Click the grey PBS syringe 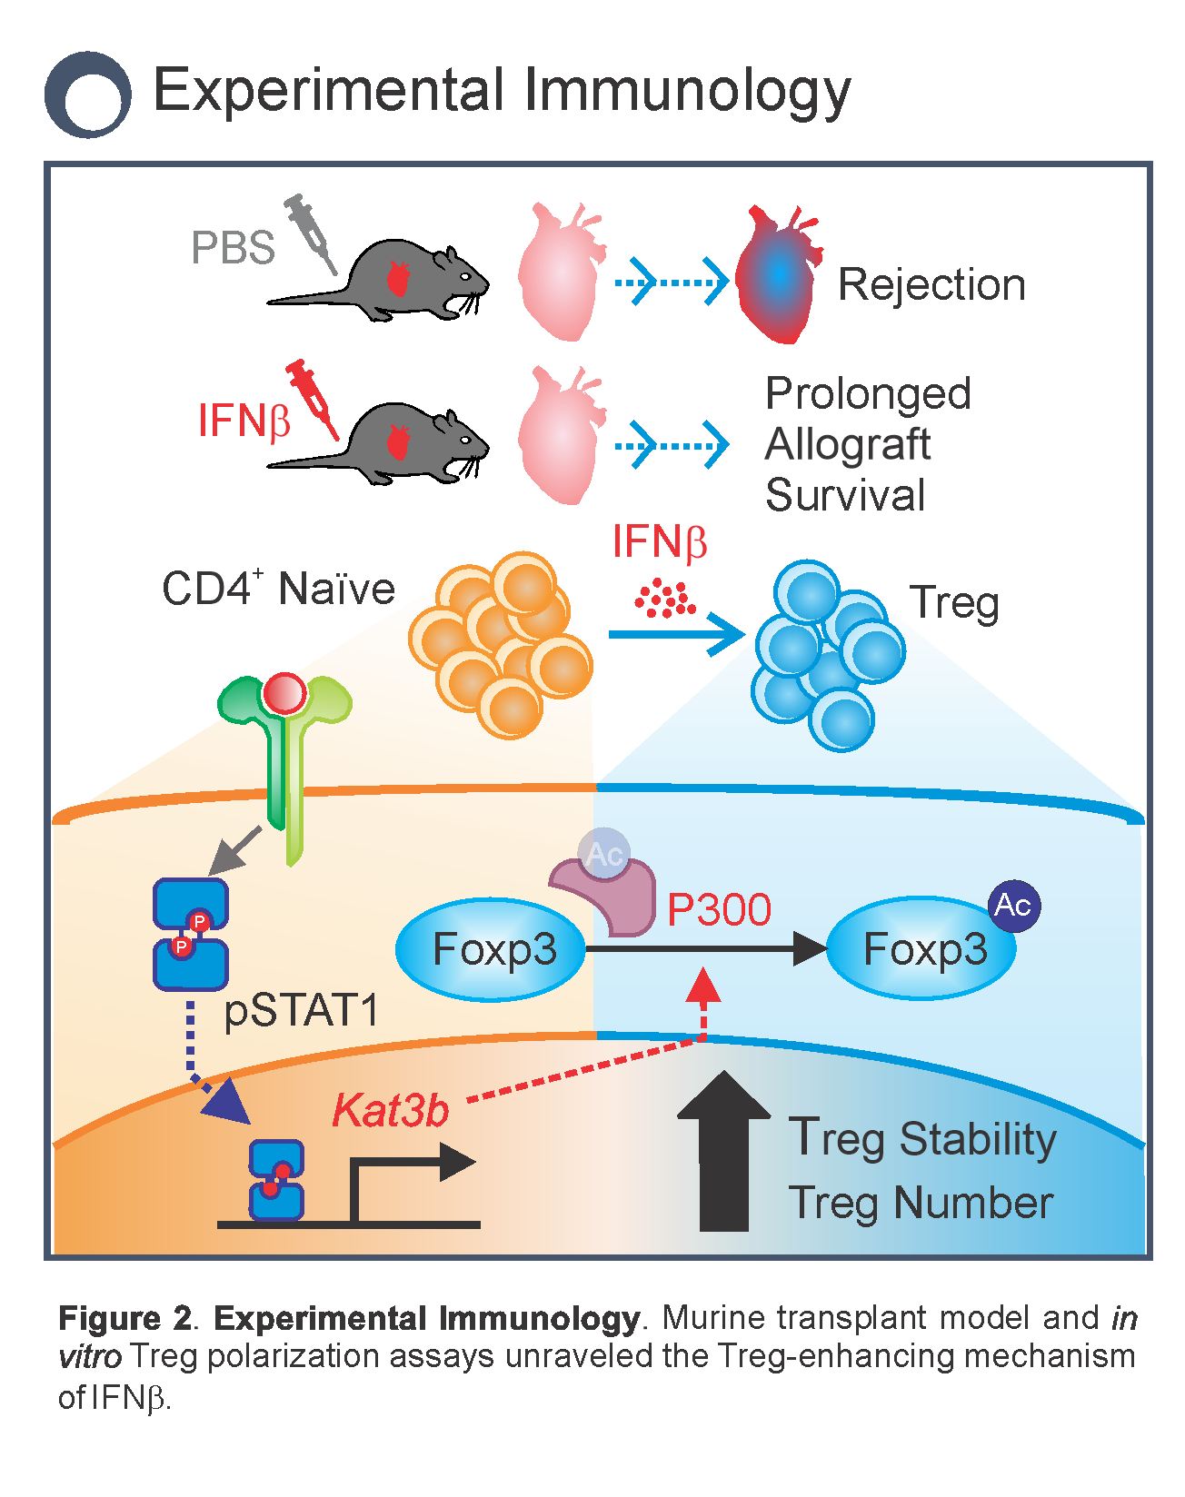click(x=311, y=233)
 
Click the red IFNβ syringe click(x=313, y=398)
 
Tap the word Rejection click(x=931, y=284)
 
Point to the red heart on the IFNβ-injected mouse click(x=398, y=442)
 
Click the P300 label click(x=719, y=909)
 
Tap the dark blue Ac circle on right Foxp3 click(x=1013, y=905)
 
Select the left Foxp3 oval click(x=492, y=949)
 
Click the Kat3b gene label click(x=391, y=1110)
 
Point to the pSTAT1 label click(x=301, y=1011)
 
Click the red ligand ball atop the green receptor click(x=284, y=694)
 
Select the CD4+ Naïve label click(x=278, y=589)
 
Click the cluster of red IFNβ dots click(x=665, y=599)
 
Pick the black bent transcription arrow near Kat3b click(x=409, y=1181)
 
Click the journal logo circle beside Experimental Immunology click(x=88, y=94)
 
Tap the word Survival click(x=845, y=496)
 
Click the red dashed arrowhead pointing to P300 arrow click(x=702, y=986)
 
